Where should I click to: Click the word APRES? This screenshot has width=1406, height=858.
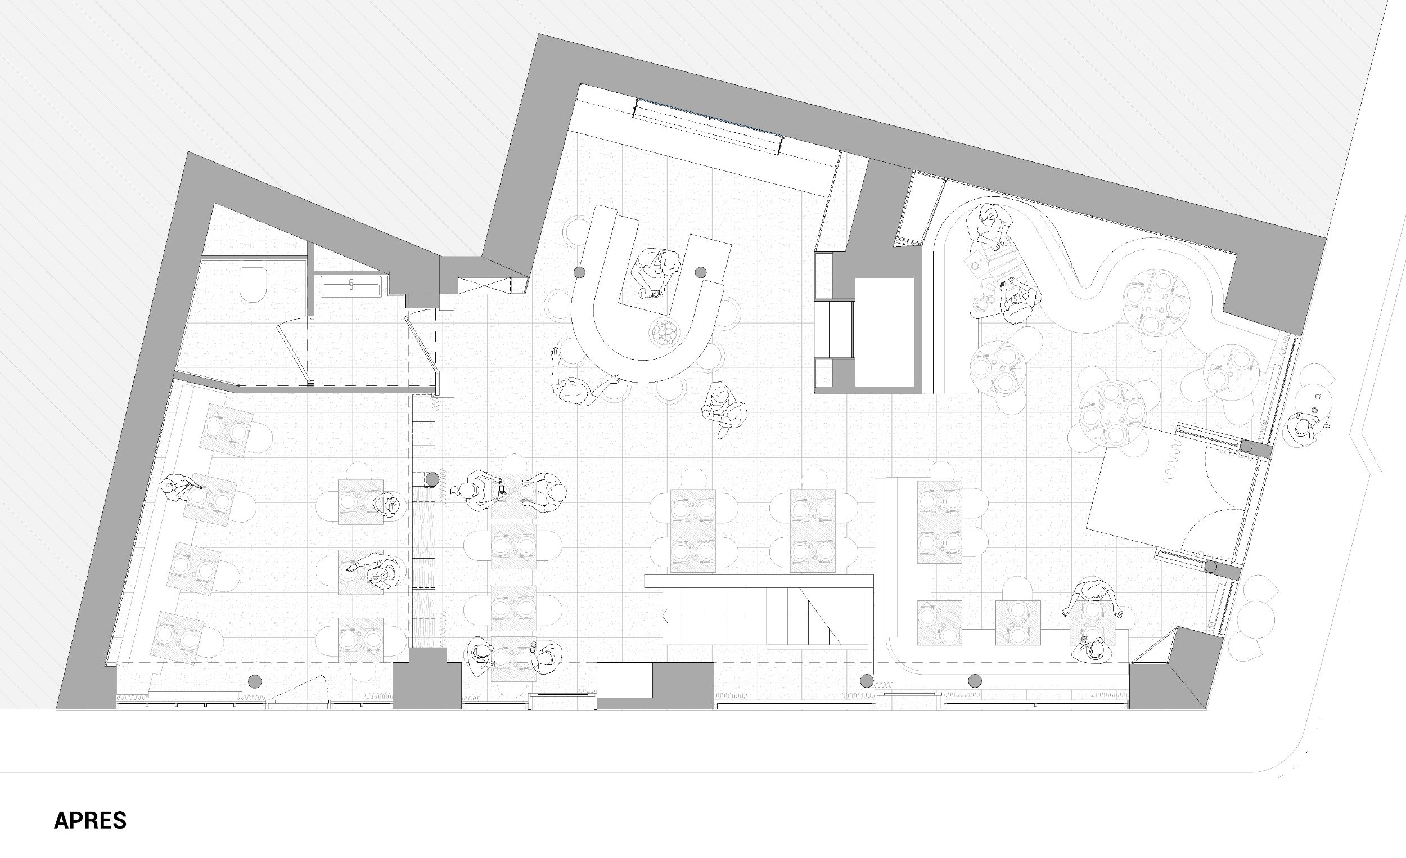[x=90, y=820]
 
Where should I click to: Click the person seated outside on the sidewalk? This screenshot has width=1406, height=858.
[x=1303, y=429]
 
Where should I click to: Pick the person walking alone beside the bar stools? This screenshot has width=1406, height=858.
[x=724, y=408]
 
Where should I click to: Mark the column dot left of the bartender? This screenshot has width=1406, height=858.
[x=580, y=272]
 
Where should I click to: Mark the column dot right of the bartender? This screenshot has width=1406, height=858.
[x=701, y=272]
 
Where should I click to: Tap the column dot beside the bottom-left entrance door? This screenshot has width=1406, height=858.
[x=255, y=680]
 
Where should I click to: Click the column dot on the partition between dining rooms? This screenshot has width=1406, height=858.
[x=432, y=478]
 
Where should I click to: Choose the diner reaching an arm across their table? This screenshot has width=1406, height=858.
[x=375, y=571]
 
